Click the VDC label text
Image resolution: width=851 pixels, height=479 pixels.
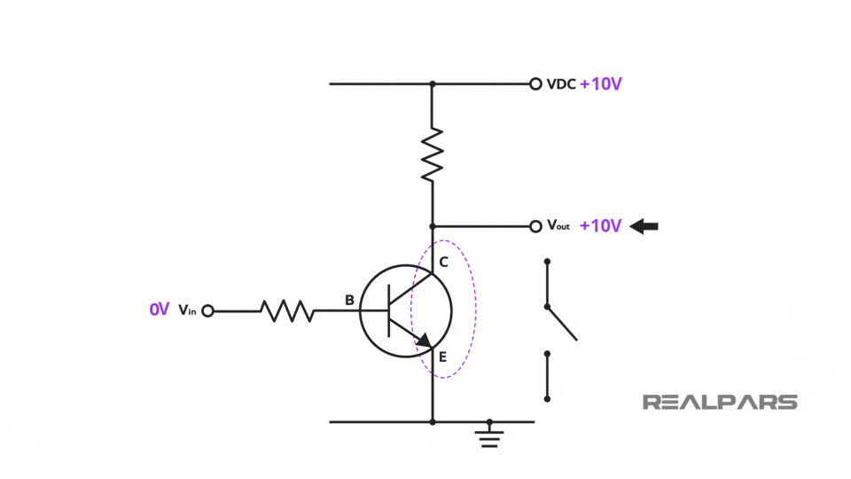[561, 84]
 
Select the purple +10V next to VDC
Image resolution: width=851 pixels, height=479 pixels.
[600, 84]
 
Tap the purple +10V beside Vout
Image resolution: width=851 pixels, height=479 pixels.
[600, 226]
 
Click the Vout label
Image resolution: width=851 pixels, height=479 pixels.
[558, 226]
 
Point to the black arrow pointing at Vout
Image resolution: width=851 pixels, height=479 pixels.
[644, 226]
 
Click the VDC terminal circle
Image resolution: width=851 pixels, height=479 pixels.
[535, 84]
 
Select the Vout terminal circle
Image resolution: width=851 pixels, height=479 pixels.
[535, 226]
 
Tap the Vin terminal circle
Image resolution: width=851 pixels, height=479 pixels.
[207, 310]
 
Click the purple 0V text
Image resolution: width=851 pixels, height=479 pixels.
[159, 310]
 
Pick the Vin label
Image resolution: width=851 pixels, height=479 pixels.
[187, 310]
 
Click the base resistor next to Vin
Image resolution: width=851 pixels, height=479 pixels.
[286, 310]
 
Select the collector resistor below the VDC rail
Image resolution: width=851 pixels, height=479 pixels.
[432, 154]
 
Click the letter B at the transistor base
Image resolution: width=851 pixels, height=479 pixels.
[349, 301]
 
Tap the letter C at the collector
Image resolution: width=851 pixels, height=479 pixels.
[443, 263]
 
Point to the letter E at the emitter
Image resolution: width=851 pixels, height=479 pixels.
[443, 357]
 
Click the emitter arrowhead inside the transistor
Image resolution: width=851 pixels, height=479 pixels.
[424, 341]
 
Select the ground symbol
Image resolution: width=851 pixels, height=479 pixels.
[488, 435]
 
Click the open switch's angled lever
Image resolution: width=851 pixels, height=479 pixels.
[562, 323]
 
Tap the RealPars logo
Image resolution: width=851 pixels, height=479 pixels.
[720, 402]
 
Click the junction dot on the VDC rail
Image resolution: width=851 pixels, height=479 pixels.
[432, 84]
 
